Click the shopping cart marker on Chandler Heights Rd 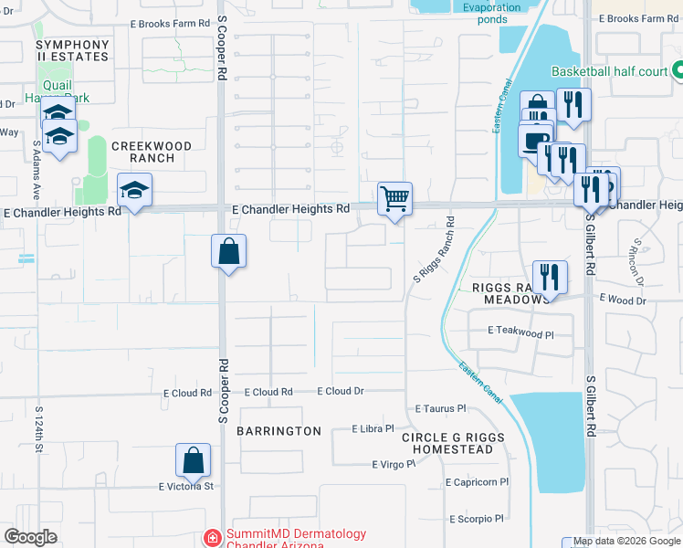(x=394, y=197)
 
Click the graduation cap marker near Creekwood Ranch (x=135, y=190)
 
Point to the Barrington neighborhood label (x=279, y=430)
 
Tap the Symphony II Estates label (x=72, y=50)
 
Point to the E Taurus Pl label (x=440, y=409)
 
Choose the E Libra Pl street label (x=373, y=427)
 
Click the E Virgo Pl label (x=394, y=464)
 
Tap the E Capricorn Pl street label (x=478, y=482)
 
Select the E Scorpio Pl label (x=477, y=519)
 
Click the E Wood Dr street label (x=623, y=300)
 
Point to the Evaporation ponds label (x=491, y=13)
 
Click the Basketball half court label (x=608, y=70)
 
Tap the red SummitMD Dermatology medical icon (x=213, y=536)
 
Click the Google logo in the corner (x=30, y=537)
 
